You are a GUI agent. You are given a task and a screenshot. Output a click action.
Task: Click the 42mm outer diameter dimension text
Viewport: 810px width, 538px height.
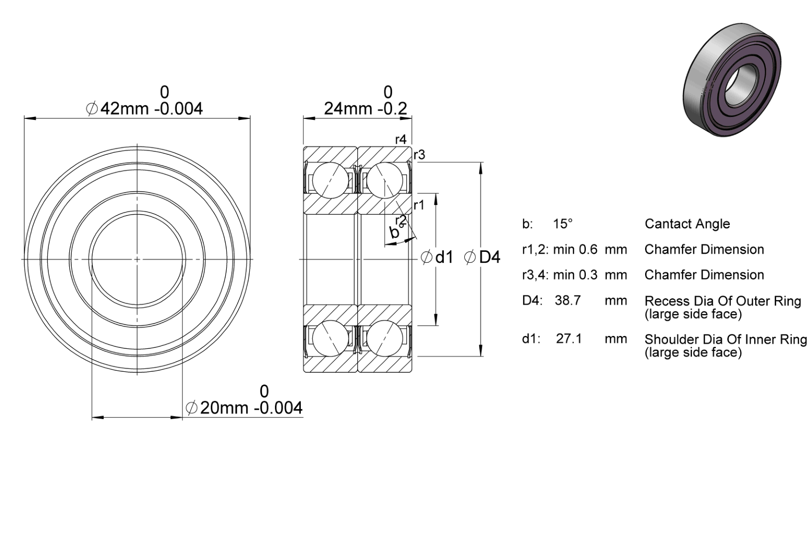click(x=144, y=108)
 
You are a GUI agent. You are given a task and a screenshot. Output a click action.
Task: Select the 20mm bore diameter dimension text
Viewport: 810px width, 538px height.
click(x=244, y=408)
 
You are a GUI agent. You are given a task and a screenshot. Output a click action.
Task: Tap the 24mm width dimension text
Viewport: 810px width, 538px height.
click(x=365, y=108)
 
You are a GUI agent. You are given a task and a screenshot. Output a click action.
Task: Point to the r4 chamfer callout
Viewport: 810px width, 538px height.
click(x=401, y=139)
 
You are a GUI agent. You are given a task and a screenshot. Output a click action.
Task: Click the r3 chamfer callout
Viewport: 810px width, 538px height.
click(x=419, y=155)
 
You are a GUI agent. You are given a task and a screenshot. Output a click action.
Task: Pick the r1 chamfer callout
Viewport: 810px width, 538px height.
click(x=419, y=205)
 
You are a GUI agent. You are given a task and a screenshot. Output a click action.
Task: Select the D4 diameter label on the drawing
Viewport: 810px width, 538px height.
click(x=482, y=257)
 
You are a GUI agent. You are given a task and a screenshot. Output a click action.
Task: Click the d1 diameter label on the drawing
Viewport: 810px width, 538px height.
click(x=437, y=257)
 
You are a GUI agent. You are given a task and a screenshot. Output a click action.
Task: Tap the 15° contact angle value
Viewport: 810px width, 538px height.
click(x=563, y=224)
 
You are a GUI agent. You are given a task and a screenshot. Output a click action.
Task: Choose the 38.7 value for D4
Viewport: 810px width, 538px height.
click(x=568, y=300)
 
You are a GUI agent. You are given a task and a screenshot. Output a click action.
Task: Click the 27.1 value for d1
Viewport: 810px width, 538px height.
click(x=569, y=338)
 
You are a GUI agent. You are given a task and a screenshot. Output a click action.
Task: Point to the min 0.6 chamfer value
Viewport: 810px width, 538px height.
click(x=575, y=249)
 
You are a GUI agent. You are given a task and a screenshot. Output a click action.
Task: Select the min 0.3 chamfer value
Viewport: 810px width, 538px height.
click(x=575, y=275)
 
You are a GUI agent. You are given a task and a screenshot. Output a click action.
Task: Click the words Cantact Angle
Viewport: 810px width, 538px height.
click(x=687, y=224)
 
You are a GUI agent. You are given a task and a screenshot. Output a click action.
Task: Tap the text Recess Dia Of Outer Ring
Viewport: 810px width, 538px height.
click(x=723, y=301)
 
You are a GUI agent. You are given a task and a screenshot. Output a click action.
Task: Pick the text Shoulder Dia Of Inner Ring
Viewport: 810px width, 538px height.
click(x=726, y=339)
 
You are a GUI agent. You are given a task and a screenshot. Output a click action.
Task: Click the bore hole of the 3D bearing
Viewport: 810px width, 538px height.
click(x=738, y=85)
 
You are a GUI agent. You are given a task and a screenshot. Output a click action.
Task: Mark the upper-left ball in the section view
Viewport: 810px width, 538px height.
click(x=330, y=180)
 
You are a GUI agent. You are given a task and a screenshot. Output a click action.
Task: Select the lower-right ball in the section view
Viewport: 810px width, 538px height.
click(x=385, y=338)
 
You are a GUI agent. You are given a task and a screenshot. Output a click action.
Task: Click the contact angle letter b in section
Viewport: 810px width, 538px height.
click(x=394, y=232)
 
